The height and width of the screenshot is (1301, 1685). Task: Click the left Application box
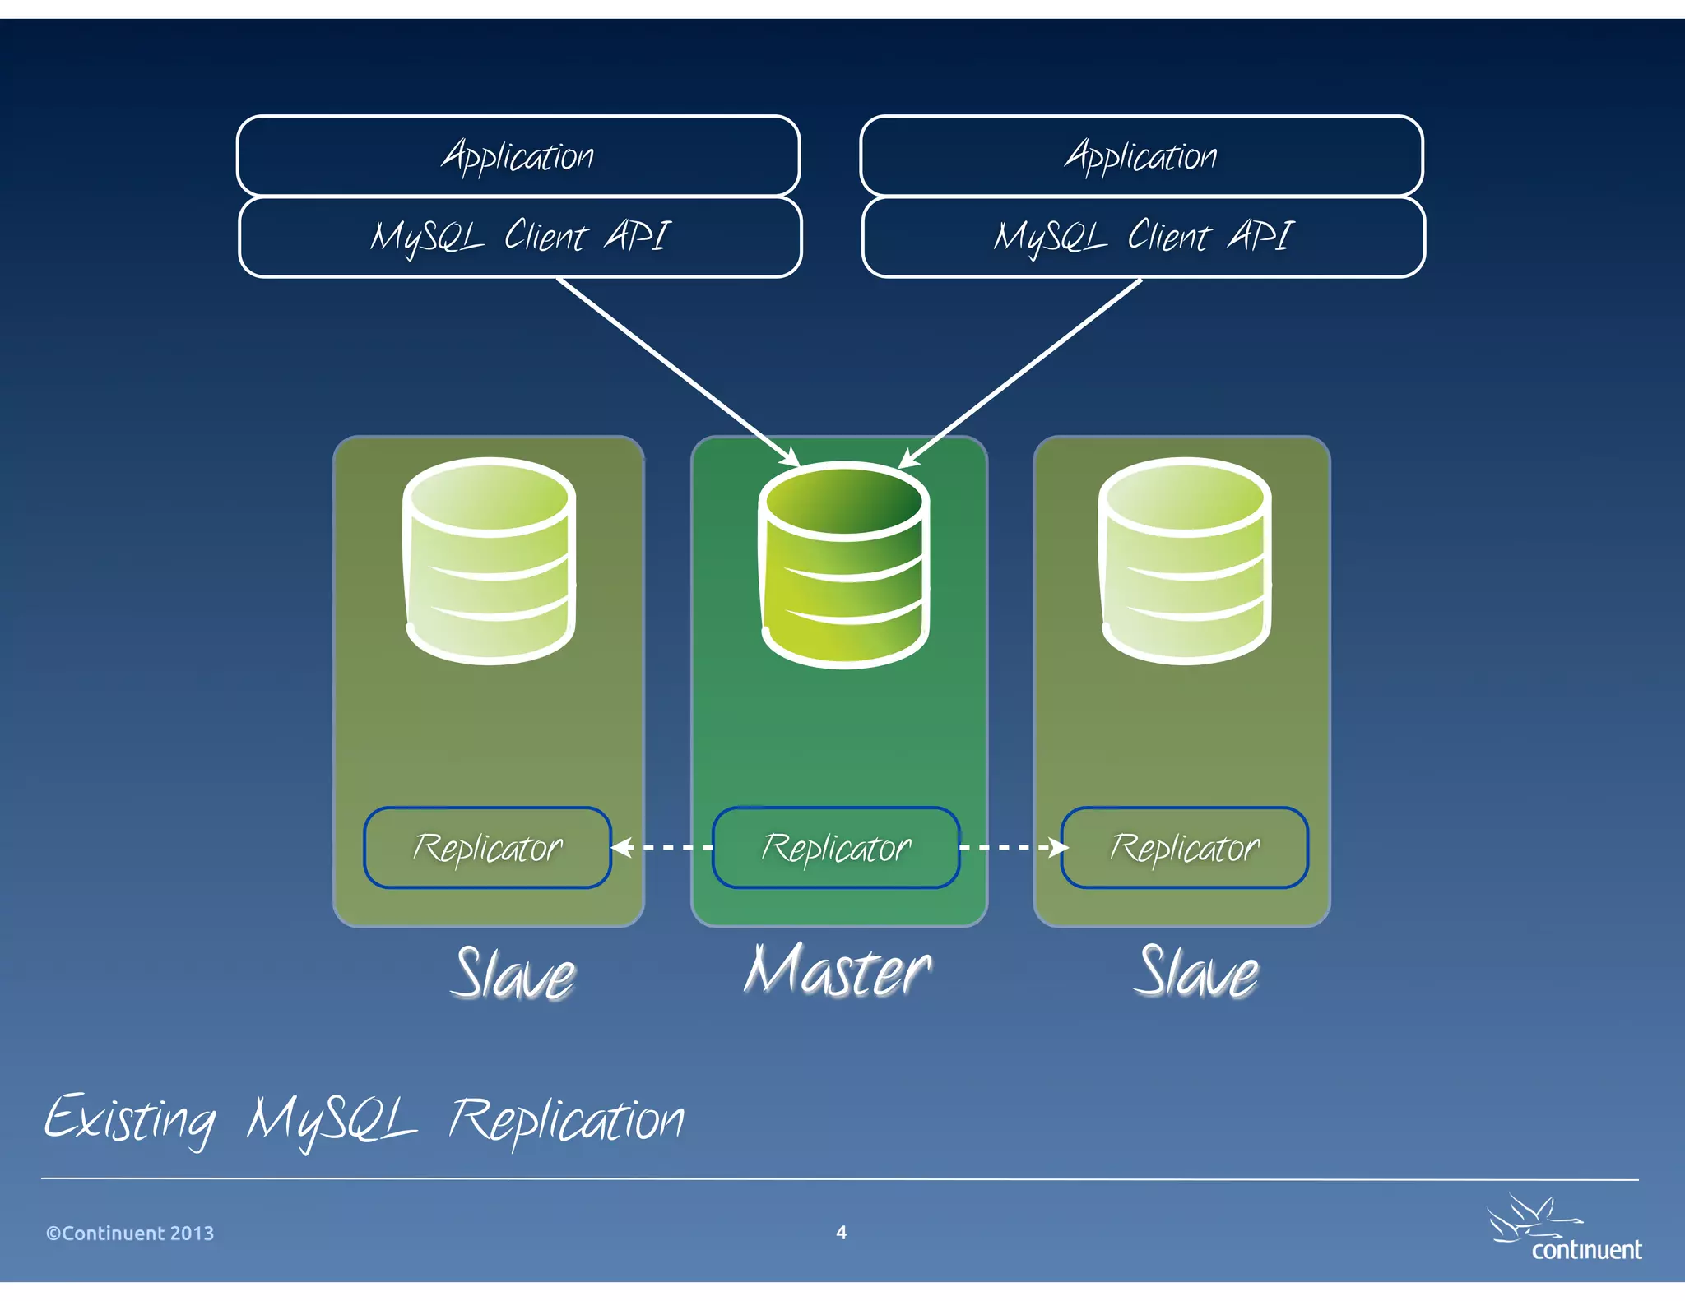pos(518,155)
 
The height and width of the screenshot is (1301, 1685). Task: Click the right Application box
pos(1141,155)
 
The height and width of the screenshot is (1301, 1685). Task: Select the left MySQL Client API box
pos(519,237)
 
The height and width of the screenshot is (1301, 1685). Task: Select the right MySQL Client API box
pos(1143,237)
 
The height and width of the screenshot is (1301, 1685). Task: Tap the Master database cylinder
pos(845,566)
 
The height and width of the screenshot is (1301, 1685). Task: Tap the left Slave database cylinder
pos(490,561)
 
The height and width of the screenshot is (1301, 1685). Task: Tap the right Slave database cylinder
pos(1185,561)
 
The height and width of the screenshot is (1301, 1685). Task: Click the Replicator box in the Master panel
pos(836,848)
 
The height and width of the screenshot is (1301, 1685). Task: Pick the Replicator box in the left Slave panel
pos(487,848)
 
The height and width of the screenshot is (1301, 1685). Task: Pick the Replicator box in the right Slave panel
pos(1184,848)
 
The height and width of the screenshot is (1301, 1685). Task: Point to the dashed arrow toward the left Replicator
pos(662,847)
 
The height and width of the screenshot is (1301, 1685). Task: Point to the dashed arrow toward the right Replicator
pos(1012,847)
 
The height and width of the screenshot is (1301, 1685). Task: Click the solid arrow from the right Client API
pos(1020,372)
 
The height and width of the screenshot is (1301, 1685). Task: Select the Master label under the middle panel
pos(837,972)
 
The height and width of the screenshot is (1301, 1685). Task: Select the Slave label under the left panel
pos(514,975)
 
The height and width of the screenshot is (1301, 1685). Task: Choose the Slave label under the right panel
pos(1197,973)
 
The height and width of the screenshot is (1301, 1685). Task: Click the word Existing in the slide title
pos(130,1120)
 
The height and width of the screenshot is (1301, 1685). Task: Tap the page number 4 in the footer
pos(841,1232)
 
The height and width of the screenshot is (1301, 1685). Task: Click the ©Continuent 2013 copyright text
pos(130,1234)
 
